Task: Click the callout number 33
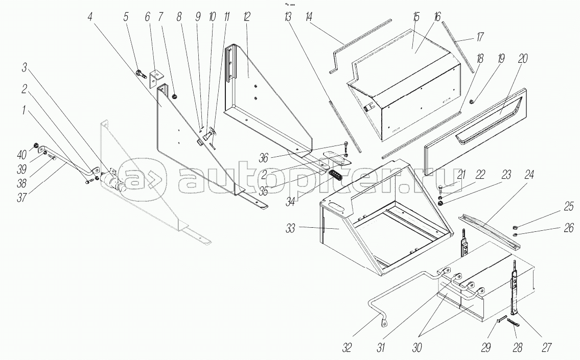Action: point(290,229)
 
